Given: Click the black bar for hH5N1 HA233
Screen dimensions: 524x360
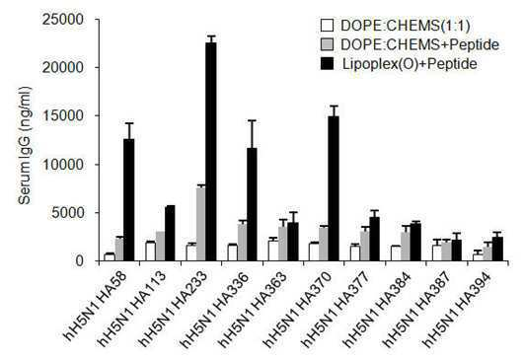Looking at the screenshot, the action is [x=211, y=152].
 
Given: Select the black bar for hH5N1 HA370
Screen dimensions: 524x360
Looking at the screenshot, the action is [x=334, y=188].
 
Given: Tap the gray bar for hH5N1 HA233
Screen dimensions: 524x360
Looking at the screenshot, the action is [x=201, y=224].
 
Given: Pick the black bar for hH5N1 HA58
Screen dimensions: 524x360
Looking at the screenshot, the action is [x=129, y=199].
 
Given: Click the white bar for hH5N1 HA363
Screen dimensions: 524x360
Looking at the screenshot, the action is [x=273, y=251].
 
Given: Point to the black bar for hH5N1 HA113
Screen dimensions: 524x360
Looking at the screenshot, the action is [x=170, y=233].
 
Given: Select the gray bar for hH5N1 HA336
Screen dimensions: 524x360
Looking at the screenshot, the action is [x=242, y=242].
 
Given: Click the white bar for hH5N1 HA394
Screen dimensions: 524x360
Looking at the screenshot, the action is [x=478, y=257].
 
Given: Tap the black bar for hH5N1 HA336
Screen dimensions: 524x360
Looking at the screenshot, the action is [x=252, y=204].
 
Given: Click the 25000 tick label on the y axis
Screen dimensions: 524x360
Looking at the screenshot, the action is [x=62, y=20].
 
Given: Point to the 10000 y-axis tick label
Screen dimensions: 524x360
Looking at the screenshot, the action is [x=62, y=165].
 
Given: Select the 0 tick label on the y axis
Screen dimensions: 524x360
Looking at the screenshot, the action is [x=79, y=260].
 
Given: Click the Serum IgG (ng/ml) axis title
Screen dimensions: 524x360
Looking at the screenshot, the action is [x=25, y=145].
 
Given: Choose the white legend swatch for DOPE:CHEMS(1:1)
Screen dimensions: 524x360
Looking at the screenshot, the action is [x=327, y=26].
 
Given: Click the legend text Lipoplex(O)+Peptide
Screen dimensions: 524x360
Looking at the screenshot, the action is [x=410, y=64].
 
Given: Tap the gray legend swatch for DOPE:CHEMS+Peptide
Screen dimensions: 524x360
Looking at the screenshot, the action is [x=327, y=44].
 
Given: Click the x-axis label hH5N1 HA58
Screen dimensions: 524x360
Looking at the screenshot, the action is [x=96, y=306].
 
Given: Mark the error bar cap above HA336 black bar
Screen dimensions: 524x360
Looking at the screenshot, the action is [x=252, y=120].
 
